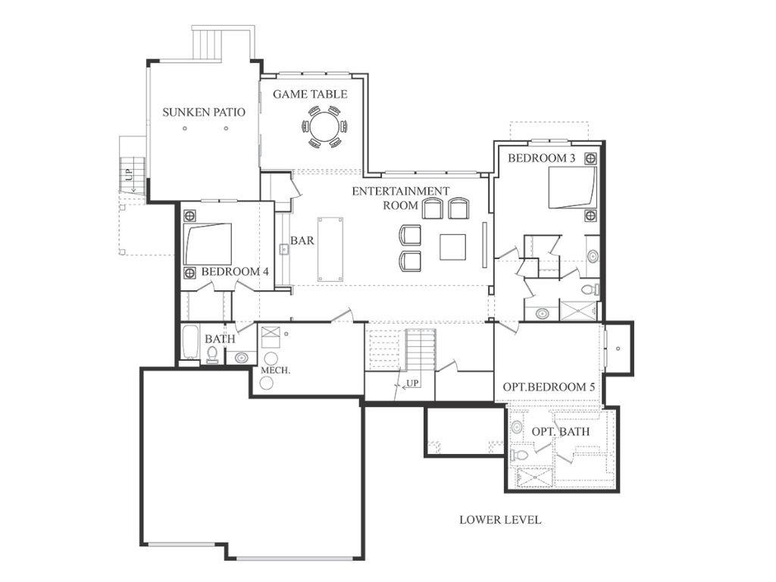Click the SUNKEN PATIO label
tap(203, 112)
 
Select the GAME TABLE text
tap(310, 94)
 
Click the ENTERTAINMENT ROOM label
tap(400, 197)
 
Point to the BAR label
tap(302, 241)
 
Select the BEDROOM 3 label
tap(541, 158)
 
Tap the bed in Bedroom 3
tap(572, 187)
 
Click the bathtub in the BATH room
tap(189, 343)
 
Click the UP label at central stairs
tap(412, 383)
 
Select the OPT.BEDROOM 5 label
tap(549, 387)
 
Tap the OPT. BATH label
tap(560, 431)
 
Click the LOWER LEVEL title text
tap(500, 520)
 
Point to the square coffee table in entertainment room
tap(452, 247)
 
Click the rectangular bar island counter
tap(330, 249)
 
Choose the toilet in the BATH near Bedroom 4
tap(213, 355)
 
